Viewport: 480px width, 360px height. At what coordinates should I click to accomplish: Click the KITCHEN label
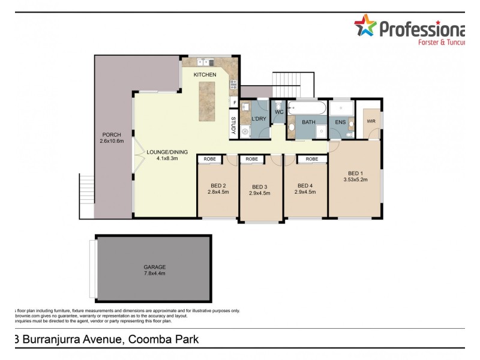click(205, 74)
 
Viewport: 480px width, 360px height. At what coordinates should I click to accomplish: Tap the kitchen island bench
click(211, 101)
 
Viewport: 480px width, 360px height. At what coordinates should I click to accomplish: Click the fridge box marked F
click(234, 103)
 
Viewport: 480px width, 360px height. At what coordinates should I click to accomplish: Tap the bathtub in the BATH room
click(307, 109)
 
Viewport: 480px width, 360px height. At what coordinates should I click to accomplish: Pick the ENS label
click(340, 122)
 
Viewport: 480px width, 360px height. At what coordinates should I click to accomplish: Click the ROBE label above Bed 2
click(209, 159)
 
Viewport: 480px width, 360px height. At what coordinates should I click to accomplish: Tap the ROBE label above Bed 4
click(311, 159)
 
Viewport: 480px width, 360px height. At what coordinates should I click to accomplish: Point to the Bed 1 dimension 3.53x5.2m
click(355, 179)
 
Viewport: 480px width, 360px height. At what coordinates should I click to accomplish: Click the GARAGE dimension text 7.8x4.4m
click(154, 273)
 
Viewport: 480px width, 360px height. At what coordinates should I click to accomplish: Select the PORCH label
click(112, 134)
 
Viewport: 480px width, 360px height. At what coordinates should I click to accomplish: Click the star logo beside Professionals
click(364, 26)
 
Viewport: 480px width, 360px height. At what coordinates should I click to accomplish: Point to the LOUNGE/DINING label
click(167, 152)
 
